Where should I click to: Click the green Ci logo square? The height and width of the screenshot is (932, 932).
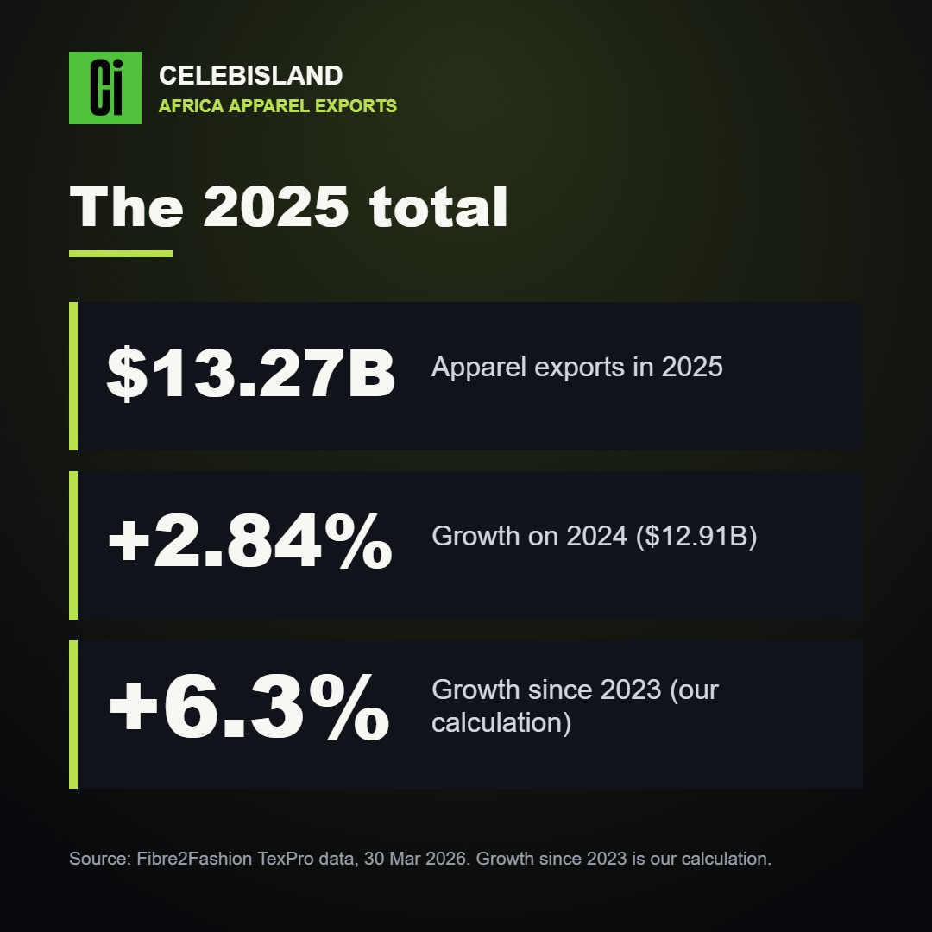pos(105,88)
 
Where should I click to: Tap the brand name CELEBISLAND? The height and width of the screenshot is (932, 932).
pos(251,75)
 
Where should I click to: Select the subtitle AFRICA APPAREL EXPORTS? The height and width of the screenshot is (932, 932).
pos(278,106)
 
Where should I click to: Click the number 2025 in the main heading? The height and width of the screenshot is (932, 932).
pos(275,207)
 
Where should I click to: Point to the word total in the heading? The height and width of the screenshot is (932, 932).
pos(438,207)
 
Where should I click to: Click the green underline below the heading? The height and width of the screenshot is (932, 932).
pos(121,254)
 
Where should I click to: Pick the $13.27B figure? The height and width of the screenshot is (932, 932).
pos(250,373)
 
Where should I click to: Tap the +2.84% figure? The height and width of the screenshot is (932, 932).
pos(250,541)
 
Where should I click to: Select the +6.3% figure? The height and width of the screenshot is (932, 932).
pos(249,708)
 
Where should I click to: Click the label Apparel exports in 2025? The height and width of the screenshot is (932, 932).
pos(576,367)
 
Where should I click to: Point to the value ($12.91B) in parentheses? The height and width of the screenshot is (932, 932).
pos(696,536)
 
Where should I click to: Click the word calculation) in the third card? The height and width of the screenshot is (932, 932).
pos(501,723)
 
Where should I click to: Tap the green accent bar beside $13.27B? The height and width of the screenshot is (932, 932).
pos(73,376)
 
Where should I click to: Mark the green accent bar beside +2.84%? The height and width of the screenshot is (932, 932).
pos(73,545)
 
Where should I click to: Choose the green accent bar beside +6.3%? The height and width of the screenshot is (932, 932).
pos(73,715)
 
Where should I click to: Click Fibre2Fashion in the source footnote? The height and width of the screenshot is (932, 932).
pos(194,859)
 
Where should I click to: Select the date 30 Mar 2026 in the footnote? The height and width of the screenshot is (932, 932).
pos(415,859)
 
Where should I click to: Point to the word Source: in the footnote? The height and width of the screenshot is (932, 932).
pos(100,859)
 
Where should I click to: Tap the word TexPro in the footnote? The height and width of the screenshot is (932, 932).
pos(286,859)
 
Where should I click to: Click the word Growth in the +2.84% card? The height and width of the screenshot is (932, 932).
pos(475,536)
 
